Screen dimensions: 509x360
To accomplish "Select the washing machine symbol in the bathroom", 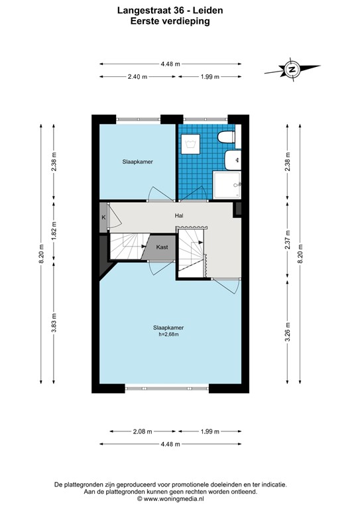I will tap(192, 141).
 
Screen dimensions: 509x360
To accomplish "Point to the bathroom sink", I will tap(233, 160).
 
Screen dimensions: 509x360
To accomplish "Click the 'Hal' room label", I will tap(179, 215).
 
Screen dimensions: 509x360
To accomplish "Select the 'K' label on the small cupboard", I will tap(104, 217).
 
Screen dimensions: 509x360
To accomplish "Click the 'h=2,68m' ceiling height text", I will tap(168, 335).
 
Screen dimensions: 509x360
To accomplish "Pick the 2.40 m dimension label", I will tap(137, 77).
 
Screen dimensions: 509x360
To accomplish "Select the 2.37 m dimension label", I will tap(288, 237).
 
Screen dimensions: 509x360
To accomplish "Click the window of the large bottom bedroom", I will tap(167, 388).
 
